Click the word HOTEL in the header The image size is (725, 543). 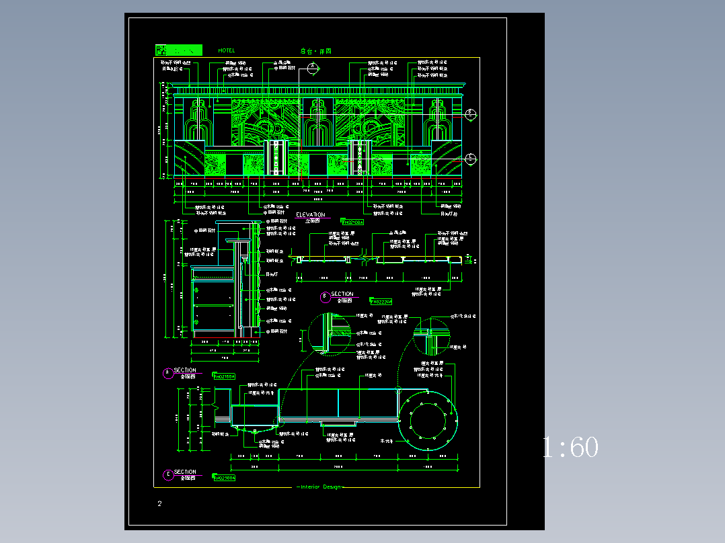[x=227, y=50]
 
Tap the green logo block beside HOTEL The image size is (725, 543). [x=179, y=50]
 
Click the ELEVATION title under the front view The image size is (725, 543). [x=310, y=215]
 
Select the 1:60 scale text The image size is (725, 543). [x=570, y=448]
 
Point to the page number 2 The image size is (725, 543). [x=159, y=504]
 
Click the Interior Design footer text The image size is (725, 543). [x=321, y=487]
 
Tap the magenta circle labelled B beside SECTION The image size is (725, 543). [x=324, y=295]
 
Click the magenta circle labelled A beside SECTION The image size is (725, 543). [x=167, y=373]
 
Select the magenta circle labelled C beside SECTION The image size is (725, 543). [x=167, y=475]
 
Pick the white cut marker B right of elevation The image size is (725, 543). [x=471, y=114]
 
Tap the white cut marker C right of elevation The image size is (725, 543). [x=471, y=159]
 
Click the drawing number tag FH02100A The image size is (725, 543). [x=352, y=221]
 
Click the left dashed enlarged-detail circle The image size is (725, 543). [x=330, y=334]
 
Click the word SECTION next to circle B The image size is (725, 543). [x=342, y=294]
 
